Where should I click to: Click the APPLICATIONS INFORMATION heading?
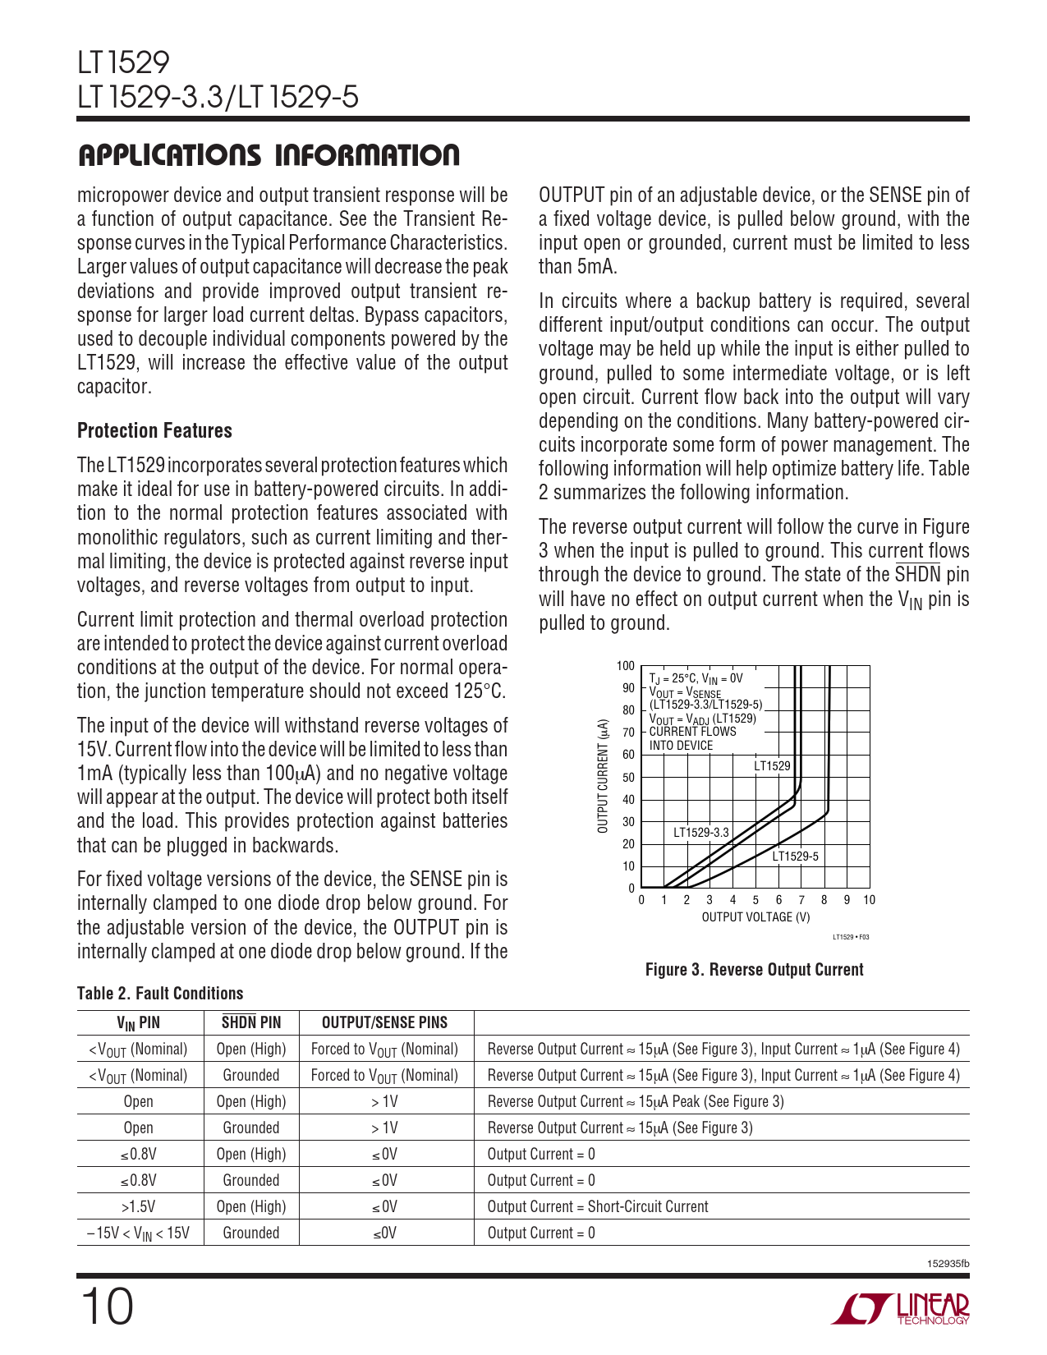[269, 155]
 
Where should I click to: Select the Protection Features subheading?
[154, 430]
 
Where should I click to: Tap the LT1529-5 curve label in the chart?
[795, 857]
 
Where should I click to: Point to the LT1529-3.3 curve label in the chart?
[700, 832]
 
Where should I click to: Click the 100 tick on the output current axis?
[625, 666]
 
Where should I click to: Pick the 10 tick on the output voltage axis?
[870, 900]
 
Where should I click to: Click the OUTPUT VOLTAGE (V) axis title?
[755, 917]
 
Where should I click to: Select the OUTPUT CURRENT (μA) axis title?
[604, 777]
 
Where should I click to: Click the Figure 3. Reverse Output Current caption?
[754, 970]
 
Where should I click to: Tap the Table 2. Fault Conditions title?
[160, 994]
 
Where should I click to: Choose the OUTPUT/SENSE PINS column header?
[384, 1022]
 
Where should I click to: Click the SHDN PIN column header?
[251, 1022]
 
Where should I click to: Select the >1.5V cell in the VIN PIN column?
[138, 1206]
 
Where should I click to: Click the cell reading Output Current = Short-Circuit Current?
[597, 1206]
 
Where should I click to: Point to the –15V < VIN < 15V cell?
[138, 1233]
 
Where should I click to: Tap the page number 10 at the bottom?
[106, 1307]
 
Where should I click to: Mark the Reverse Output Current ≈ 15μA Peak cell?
[635, 1101]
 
